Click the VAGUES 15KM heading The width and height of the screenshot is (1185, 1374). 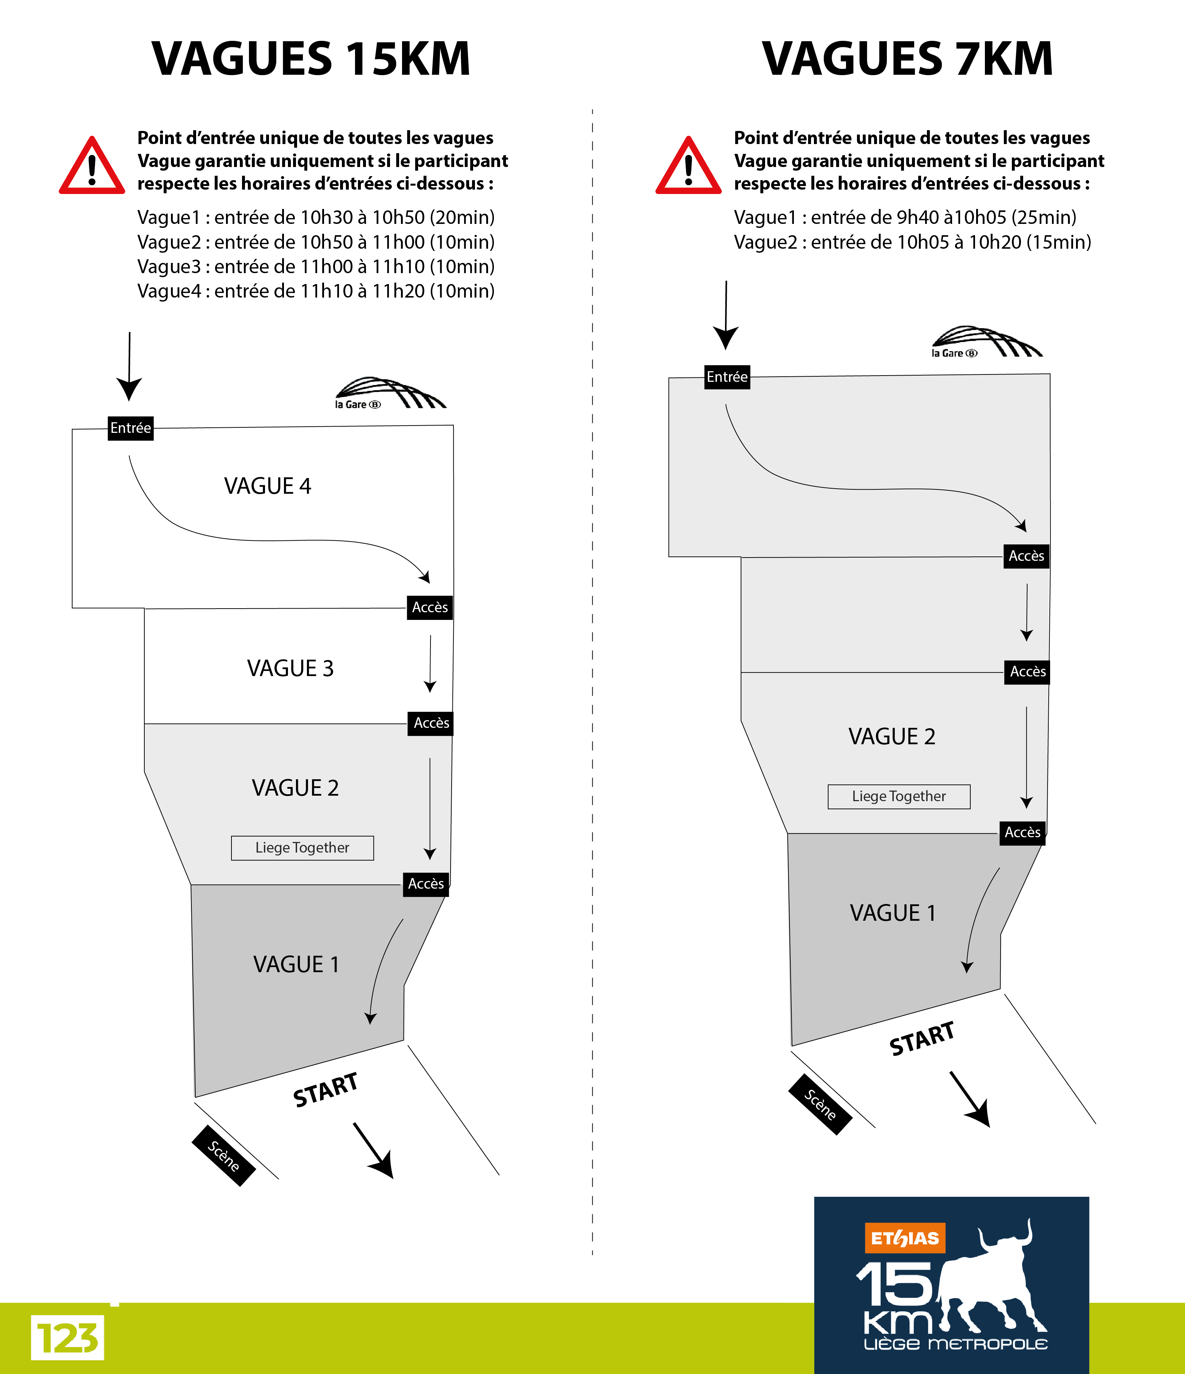311,59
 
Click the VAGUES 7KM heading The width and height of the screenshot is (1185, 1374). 907,59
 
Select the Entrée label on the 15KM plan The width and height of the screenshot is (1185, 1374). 130,428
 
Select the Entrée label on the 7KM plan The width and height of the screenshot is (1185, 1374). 727,377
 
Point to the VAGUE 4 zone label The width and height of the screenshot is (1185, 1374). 268,486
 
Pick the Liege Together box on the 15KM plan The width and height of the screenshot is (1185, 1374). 302,847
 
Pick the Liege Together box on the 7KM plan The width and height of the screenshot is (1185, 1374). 899,796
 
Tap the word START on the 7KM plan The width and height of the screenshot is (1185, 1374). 922,1039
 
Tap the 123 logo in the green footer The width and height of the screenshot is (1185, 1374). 67,1338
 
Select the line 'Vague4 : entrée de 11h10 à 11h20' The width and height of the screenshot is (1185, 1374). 315,291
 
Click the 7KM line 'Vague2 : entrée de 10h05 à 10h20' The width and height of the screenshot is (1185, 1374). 912,242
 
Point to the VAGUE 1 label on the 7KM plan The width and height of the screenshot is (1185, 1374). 893,913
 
